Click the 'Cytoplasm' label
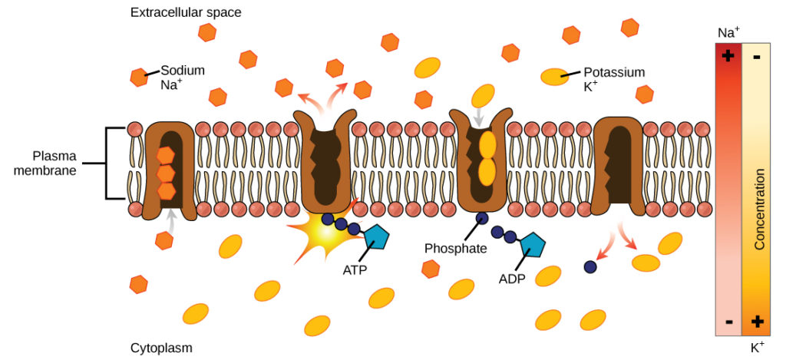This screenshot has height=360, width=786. click(x=161, y=348)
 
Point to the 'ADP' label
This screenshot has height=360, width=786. click(x=511, y=278)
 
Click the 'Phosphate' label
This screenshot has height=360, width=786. click(x=455, y=248)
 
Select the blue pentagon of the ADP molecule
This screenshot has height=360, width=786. click(x=532, y=246)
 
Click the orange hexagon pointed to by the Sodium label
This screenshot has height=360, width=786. click(x=139, y=77)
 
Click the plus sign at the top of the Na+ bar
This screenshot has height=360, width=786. click(x=728, y=57)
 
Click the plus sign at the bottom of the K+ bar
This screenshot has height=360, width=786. click(x=757, y=322)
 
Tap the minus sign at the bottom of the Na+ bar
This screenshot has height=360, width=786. click(x=728, y=322)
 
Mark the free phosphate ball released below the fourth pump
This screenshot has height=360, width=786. click(x=589, y=266)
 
